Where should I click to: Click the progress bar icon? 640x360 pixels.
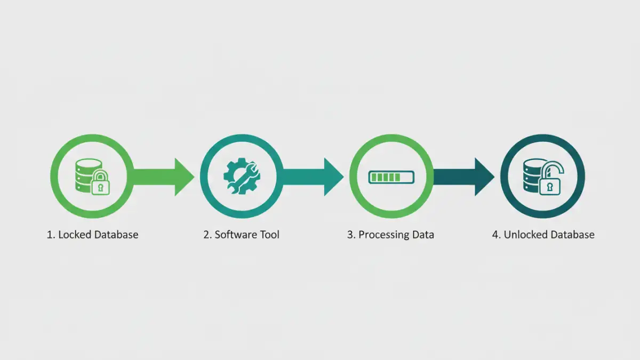[391, 177]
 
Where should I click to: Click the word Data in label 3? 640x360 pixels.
[424, 235]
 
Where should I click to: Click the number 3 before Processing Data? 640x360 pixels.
[350, 235]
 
